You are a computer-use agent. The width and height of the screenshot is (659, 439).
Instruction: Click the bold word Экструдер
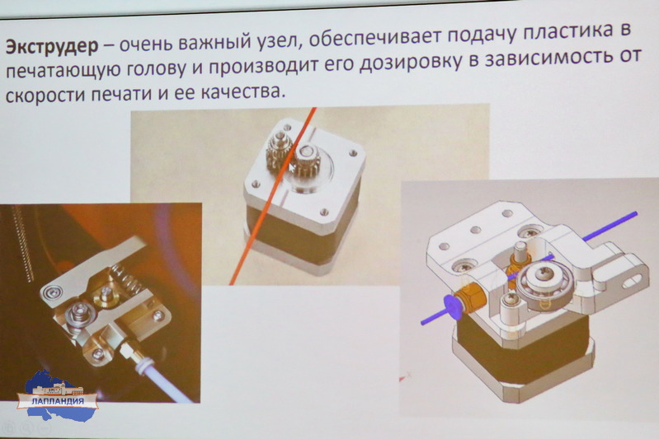pyautogui.click(x=52, y=45)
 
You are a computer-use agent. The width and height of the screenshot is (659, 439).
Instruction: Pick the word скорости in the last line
pyautogui.click(x=45, y=95)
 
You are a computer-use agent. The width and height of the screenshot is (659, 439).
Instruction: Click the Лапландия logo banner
pyautogui.click(x=57, y=400)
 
